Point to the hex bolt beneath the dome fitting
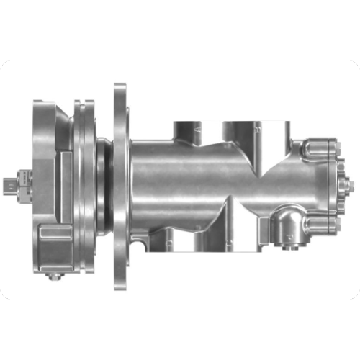(290, 249)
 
